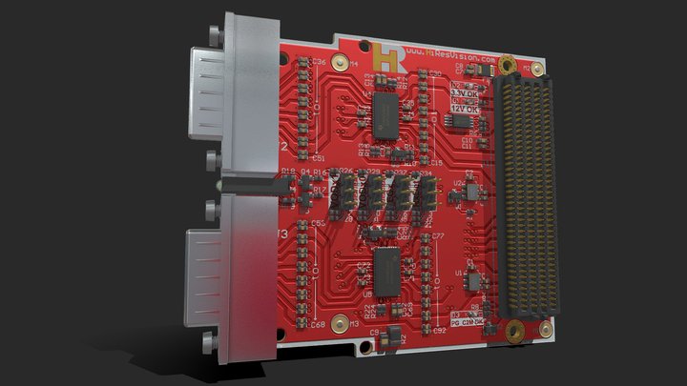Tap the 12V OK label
click(466, 110)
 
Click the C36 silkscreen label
click(319, 63)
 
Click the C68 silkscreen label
click(317, 324)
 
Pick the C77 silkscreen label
click(438, 234)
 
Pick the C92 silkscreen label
click(439, 330)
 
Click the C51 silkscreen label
click(319, 157)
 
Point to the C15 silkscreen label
click(435, 164)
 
